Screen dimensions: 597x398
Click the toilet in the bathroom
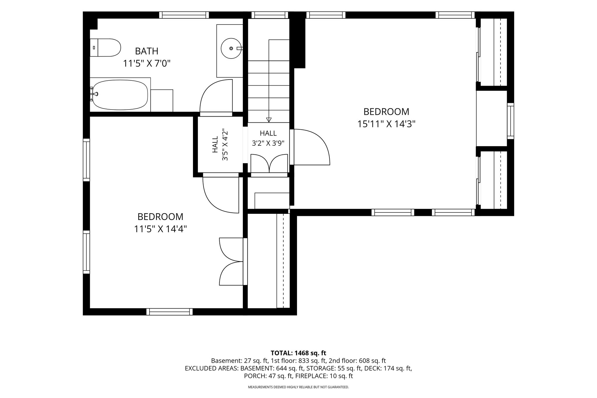tap(105, 47)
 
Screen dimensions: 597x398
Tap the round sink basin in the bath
tap(231, 48)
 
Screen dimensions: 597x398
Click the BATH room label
tap(147, 51)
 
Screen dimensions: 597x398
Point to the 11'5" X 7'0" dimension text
tap(147, 64)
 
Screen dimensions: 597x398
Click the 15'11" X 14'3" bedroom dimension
tap(386, 124)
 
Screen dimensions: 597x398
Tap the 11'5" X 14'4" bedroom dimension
tap(160, 229)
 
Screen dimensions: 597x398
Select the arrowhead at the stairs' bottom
tap(269, 120)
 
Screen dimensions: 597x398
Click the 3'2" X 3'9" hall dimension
tap(268, 143)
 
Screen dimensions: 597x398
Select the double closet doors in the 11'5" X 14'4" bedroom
tap(231, 262)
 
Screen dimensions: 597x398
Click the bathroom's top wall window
tap(184, 15)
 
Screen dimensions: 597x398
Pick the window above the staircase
tap(270, 15)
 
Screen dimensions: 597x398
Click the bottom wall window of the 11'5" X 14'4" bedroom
tap(169, 312)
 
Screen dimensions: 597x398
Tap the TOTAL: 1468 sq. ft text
tap(298, 353)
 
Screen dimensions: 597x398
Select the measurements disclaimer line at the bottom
tap(298, 387)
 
